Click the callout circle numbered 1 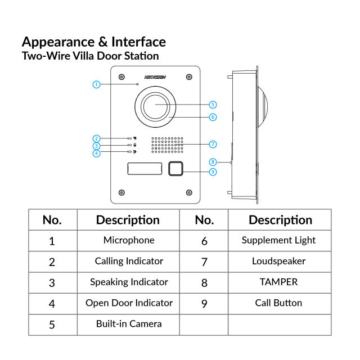(96, 84)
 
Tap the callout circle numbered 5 (213, 105)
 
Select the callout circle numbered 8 (213, 161)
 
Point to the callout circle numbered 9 (213, 172)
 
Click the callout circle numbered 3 (96, 146)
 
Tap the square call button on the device (176, 168)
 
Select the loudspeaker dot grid (166, 145)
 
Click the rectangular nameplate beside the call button (143, 168)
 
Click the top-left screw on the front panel (121, 77)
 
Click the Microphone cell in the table (129, 240)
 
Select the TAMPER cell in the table (279, 282)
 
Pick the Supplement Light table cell (279, 240)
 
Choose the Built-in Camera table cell (129, 323)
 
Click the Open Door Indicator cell (129, 303)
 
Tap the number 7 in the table (204, 262)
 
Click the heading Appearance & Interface (93, 42)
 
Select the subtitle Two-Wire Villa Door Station (90, 56)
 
